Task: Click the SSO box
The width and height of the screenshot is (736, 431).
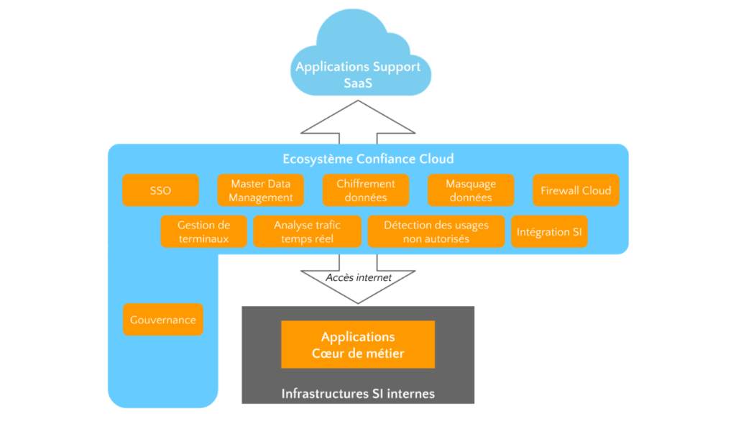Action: pos(160,190)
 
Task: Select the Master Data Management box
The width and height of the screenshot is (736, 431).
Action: pos(261,190)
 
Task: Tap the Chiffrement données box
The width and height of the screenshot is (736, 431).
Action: pos(365,190)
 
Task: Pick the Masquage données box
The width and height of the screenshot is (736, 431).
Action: pos(471,190)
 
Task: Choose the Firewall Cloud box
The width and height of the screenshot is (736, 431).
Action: pos(576,190)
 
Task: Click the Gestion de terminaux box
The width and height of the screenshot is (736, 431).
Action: pos(203,231)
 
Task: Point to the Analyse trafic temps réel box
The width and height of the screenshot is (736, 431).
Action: pos(307,231)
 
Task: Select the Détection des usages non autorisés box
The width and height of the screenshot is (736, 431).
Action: pos(436,231)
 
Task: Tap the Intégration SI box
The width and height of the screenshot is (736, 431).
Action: pos(549,232)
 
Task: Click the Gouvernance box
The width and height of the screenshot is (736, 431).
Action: pos(163,320)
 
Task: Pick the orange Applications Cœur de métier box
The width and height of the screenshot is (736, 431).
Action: pos(358,345)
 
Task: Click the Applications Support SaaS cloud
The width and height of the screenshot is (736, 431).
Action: pos(358,61)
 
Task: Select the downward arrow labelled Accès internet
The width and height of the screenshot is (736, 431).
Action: pos(358,284)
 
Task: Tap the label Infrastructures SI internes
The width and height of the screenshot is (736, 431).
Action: pos(358,394)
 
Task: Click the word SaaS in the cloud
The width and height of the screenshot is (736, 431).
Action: pos(358,83)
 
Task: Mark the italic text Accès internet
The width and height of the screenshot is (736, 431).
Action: pos(359,277)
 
